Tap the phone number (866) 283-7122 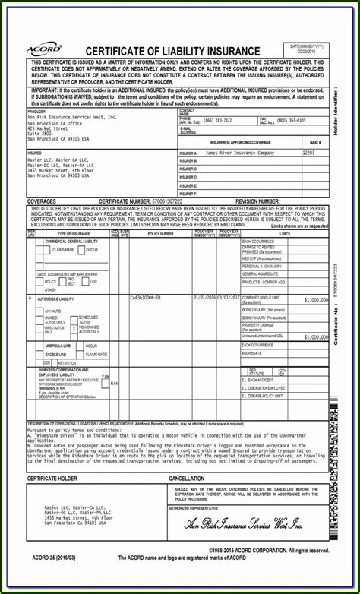pos(217,120)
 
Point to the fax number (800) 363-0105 pos(292,120)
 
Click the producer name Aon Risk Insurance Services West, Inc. pos(72,118)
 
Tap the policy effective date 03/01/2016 pos(204,297)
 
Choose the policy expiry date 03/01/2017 pos(228,297)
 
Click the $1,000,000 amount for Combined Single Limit pos(315,299)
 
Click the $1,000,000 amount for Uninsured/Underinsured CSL pos(315,335)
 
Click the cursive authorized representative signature pos(245,526)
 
